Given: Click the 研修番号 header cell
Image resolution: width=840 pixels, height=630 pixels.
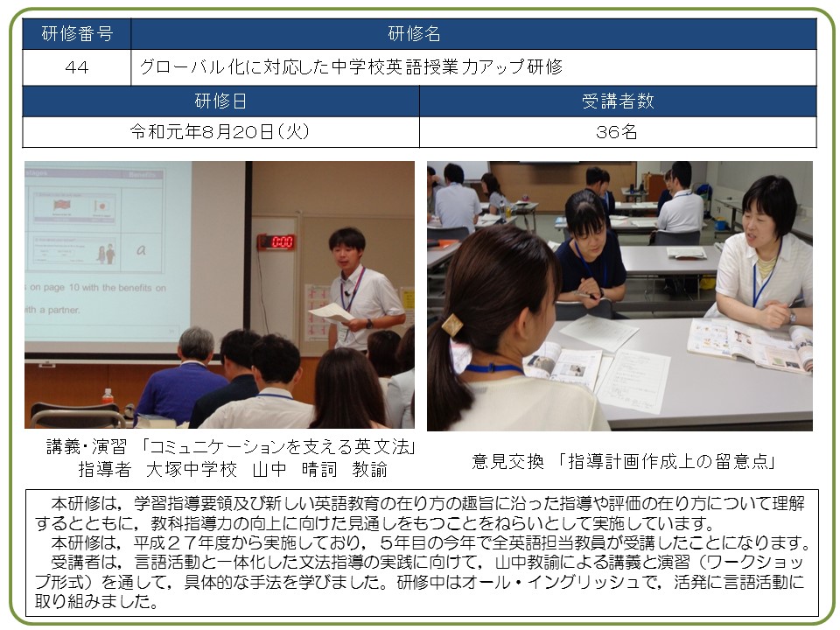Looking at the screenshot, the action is point(77,34).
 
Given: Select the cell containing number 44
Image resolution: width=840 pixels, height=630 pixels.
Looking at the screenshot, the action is point(77,67).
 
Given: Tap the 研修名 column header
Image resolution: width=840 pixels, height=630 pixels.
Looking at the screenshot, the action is point(473,34).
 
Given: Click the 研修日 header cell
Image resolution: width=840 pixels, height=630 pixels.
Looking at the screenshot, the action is point(220,101).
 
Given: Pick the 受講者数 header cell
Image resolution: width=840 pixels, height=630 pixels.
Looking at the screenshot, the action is point(618,101).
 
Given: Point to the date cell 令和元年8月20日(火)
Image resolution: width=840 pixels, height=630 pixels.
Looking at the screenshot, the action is point(220,132).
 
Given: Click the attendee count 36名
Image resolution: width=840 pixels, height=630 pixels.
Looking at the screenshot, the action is point(618,132).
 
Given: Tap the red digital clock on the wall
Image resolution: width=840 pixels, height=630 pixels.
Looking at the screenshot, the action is point(277,241).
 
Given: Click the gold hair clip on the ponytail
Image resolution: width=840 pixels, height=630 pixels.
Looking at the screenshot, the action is point(452,324).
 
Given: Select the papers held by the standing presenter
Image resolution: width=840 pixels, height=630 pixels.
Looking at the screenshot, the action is point(332,313).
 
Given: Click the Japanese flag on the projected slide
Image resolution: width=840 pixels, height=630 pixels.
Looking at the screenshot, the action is point(101,206).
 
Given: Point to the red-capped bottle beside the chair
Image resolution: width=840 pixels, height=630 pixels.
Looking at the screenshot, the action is point(108,397).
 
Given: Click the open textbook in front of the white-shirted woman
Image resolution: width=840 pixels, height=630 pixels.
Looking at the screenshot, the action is point(750,344).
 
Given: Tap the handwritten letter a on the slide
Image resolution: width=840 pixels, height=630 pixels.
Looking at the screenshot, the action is point(141,249).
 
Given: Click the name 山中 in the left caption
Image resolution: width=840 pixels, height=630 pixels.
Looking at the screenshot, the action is point(269,469).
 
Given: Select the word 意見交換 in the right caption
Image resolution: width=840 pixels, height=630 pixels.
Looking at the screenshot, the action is point(507,461).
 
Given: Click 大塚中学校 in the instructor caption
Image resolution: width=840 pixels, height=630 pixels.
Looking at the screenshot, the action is point(192,469).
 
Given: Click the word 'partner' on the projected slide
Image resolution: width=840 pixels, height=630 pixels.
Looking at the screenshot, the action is point(64,310).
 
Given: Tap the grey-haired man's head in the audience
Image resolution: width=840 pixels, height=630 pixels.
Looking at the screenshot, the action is point(196,344).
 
